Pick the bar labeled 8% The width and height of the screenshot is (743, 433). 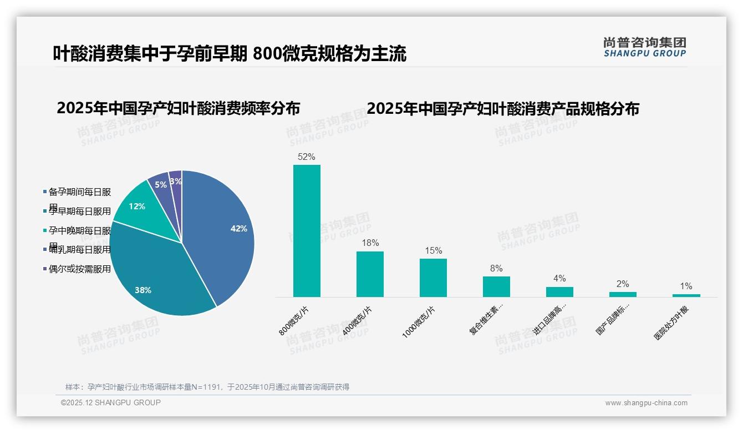click(496, 286)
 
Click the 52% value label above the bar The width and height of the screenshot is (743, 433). click(307, 157)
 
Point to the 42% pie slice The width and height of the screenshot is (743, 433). click(222, 233)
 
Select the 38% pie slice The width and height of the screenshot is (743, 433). click(155, 278)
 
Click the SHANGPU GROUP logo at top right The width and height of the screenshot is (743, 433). click(644, 47)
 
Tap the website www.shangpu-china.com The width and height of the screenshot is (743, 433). click(646, 403)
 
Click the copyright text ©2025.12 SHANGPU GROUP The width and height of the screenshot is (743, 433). click(111, 402)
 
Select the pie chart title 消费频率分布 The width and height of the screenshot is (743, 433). click(178, 108)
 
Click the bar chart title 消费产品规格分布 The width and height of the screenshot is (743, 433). click(502, 108)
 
